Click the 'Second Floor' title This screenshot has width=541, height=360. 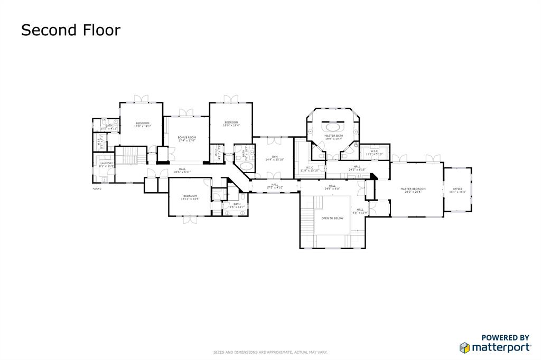[x=70, y=30]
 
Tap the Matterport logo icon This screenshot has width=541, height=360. [x=464, y=347]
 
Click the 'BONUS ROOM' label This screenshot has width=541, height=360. [x=186, y=137]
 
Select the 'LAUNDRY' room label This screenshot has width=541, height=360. [x=107, y=163]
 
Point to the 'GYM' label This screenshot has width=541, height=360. [x=275, y=156]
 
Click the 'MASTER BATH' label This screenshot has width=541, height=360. [x=333, y=136]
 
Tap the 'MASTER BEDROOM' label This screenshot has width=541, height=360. [x=413, y=188]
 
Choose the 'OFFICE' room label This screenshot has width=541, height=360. [x=457, y=188]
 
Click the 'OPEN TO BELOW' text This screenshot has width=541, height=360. [x=332, y=218]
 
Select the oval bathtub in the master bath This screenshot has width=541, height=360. [x=333, y=127]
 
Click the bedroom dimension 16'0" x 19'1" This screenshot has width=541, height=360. [x=142, y=126]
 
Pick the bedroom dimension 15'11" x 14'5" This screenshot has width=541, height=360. [x=190, y=199]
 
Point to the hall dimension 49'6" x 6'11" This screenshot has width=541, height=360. [x=182, y=172]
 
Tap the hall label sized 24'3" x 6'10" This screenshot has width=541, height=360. [x=357, y=169]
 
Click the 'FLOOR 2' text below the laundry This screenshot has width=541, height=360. [x=97, y=188]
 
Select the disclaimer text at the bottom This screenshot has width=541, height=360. [x=270, y=352]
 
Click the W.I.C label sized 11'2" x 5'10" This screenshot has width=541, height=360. [x=374, y=154]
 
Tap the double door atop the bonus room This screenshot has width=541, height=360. [x=185, y=112]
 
